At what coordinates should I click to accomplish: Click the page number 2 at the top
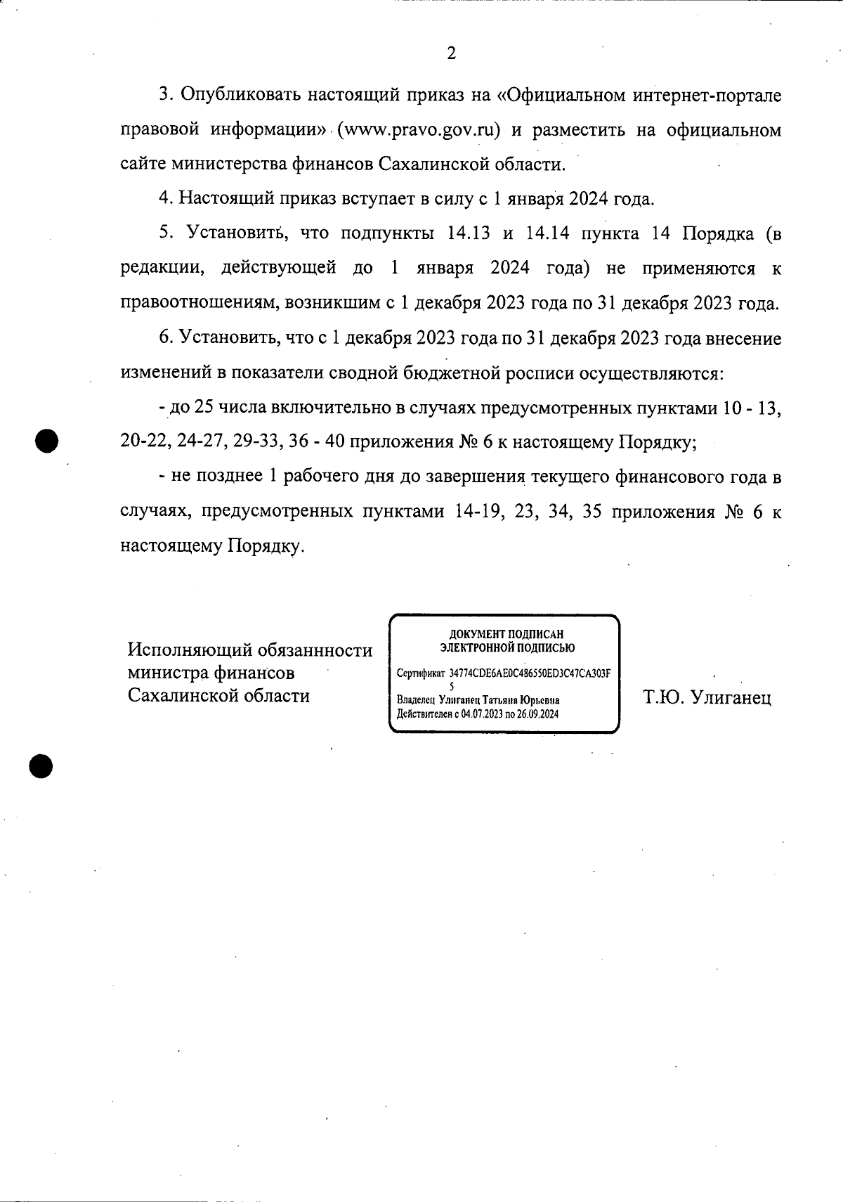(x=451, y=53)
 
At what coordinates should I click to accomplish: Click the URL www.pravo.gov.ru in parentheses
(x=419, y=130)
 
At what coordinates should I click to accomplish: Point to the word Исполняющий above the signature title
(x=190, y=650)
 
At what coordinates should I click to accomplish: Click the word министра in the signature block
(x=166, y=673)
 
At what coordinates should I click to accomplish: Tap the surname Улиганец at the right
(x=731, y=697)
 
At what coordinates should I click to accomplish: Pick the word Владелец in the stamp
(x=416, y=700)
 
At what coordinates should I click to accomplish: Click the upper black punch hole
(x=46, y=441)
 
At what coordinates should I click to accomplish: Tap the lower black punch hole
(x=41, y=765)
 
